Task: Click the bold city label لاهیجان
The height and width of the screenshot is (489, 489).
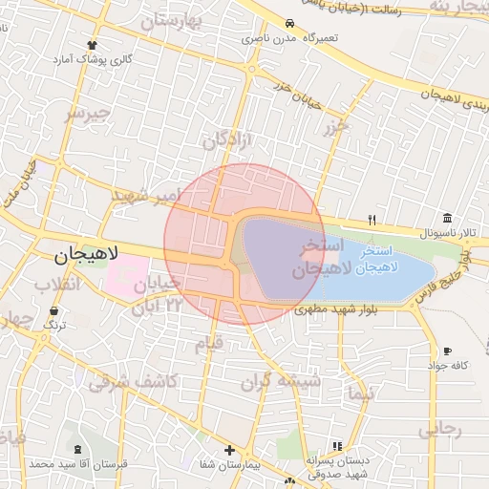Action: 86,255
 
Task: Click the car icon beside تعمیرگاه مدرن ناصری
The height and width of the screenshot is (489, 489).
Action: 289,24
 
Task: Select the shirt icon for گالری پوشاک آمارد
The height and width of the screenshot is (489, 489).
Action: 92,45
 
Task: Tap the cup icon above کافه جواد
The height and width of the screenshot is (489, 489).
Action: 447,351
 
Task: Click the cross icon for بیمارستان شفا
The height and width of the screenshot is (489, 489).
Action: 229,450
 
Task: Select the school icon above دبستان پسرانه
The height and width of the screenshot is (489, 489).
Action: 336,446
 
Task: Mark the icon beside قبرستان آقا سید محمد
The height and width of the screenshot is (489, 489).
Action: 76,449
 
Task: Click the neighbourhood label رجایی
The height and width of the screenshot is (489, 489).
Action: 440,429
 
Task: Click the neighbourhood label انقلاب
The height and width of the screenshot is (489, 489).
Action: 56,284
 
